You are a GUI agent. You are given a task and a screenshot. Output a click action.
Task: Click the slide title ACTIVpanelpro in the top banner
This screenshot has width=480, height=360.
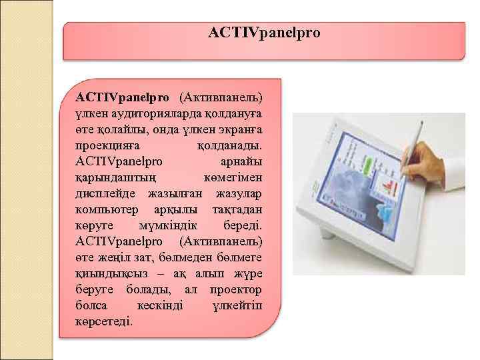(264, 33)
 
